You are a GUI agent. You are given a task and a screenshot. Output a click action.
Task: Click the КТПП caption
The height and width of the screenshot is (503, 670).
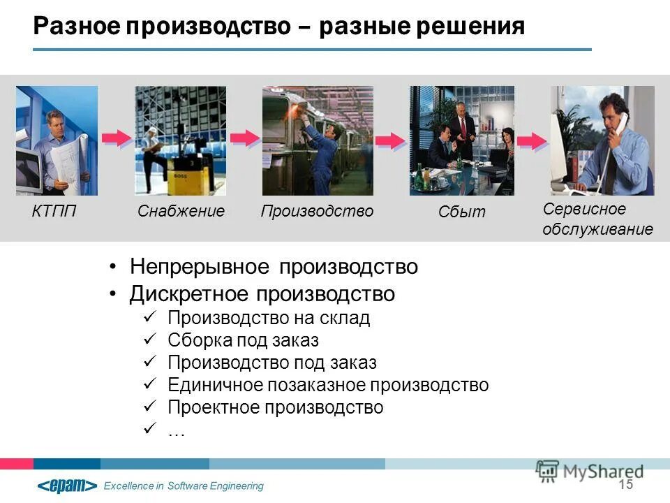pyautogui.click(x=54, y=211)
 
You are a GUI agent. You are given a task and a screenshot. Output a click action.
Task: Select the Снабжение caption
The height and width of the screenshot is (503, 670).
pyautogui.click(x=181, y=211)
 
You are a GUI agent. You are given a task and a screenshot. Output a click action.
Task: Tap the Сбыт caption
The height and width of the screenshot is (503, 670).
pyautogui.click(x=461, y=212)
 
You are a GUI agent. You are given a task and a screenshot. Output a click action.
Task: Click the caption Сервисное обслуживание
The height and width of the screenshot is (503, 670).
pyautogui.click(x=597, y=219)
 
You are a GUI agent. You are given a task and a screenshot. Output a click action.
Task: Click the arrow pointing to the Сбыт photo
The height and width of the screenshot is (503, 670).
pyautogui.click(x=391, y=141)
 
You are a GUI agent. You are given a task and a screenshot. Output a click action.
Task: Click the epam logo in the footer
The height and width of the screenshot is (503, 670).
pyautogui.click(x=67, y=486)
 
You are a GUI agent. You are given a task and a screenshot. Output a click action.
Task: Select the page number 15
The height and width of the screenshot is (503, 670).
pyautogui.click(x=625, y=485)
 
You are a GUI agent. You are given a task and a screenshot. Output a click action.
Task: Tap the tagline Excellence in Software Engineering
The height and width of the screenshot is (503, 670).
pyautogui.click(x=184, y=486)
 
